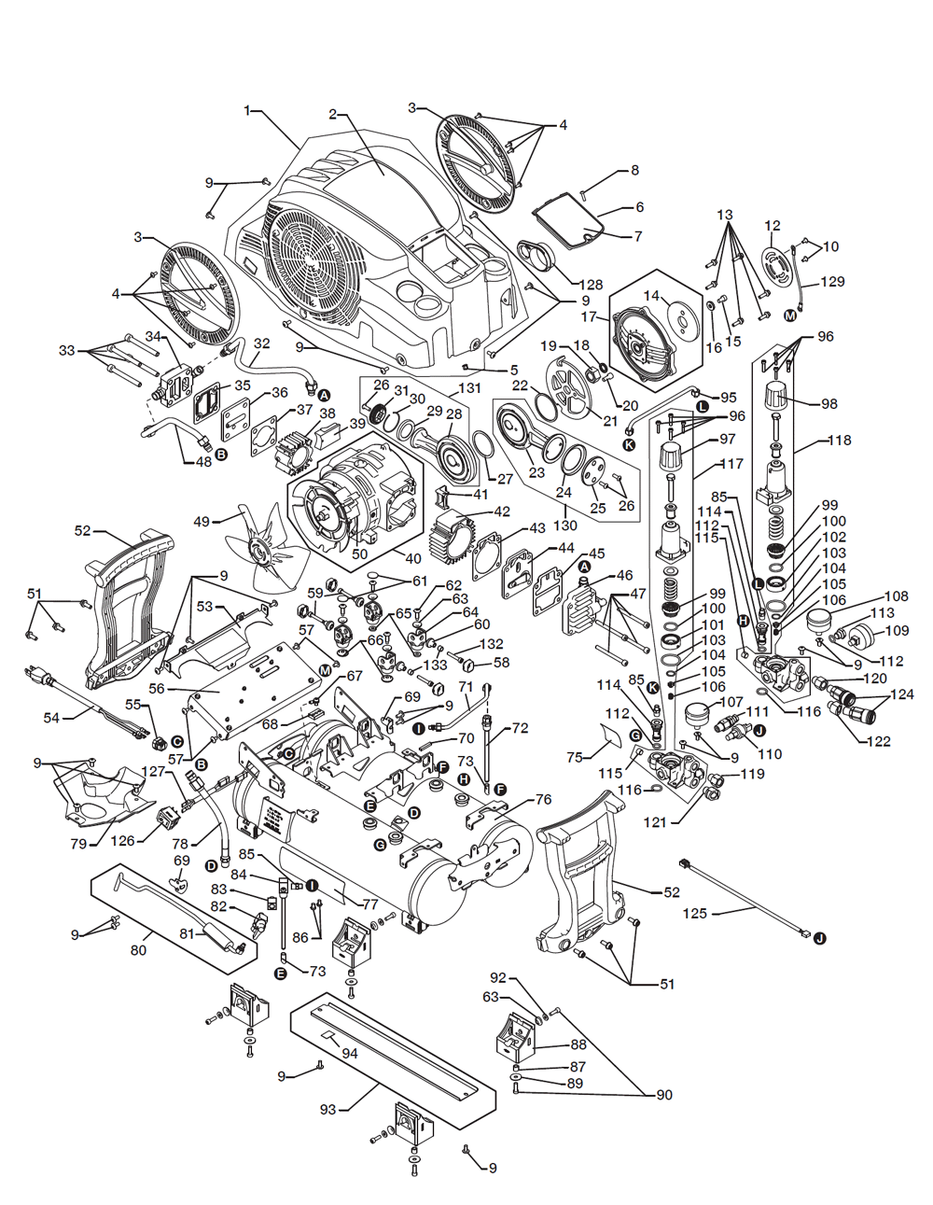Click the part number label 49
pos(202,521)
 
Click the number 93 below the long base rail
pos(328,1110)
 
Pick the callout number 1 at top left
pos(247,111)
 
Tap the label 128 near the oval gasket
pos(591,285)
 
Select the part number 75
pos(575,757)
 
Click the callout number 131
pos(469,388)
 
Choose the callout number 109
pos(896,631)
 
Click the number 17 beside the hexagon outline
pos(589,316)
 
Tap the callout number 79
pos(78,844)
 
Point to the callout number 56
pos(157,688)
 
